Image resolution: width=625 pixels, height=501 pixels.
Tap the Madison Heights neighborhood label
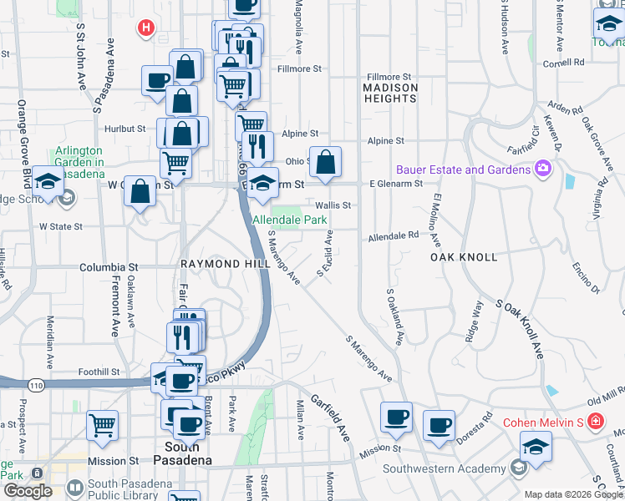(x=390, y=93)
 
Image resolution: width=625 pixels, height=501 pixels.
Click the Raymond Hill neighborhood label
(x=225, y=263)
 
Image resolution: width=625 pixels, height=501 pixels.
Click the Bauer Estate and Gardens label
(x=464, y=170)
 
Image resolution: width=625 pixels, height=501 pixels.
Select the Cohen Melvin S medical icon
(x=594, y=422)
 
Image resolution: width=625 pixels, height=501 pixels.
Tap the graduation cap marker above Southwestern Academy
(x=536, y=447)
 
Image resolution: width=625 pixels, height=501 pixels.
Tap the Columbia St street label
(x=109, y=268)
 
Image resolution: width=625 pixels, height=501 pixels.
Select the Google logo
(x=28, y=491)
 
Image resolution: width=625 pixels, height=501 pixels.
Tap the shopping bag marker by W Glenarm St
(x=140, y=191)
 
